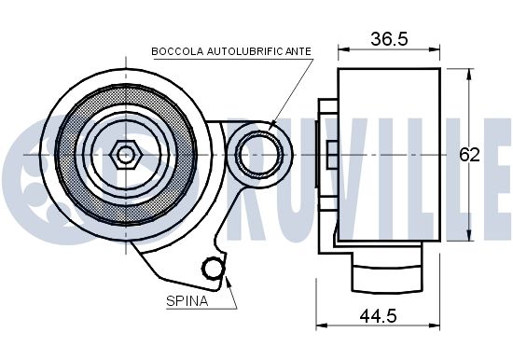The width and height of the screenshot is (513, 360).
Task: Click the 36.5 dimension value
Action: click(x=389, y=39)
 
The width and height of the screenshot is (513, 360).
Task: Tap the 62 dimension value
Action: click(x=469, y=155)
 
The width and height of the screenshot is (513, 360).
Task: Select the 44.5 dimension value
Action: click(x=378, y=316)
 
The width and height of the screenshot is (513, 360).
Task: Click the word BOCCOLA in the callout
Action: click(x=177, y=51)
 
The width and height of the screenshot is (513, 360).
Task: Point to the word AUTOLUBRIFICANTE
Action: click(x=259, y=51)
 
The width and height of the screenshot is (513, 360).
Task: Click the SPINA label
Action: click(x=187, y=301)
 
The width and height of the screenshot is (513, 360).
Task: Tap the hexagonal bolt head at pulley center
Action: click(x=126, y=155)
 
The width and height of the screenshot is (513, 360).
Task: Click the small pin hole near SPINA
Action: click(x=213, y=269)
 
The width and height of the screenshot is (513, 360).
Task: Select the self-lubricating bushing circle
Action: click(x=260, y=155)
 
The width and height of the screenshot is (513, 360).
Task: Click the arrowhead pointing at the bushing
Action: click(x=272, y=126)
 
